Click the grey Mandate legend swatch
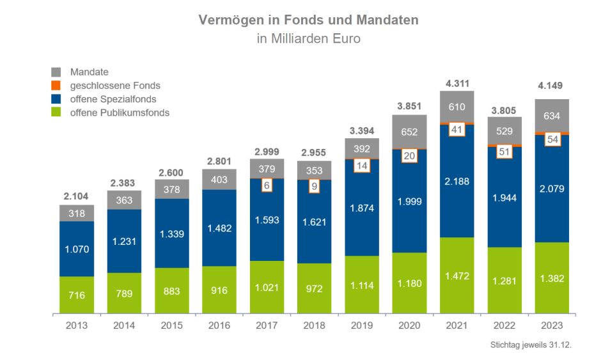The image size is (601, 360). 56,72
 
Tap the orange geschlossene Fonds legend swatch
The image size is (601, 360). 56,86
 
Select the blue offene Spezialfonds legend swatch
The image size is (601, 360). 56,99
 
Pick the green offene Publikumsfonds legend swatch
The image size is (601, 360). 56,113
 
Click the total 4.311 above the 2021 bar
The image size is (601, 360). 457,83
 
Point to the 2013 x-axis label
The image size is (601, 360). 77,325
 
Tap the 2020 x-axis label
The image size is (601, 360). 409,325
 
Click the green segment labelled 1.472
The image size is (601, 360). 457,275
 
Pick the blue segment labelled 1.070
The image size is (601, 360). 77,249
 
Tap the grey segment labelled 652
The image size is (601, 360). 409,132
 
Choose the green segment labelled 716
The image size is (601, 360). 77,295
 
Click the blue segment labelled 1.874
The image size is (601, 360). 362,208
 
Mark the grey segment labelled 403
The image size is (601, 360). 219,180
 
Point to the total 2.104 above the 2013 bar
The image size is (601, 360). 77,196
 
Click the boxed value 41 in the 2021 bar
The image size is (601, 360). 457,130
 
